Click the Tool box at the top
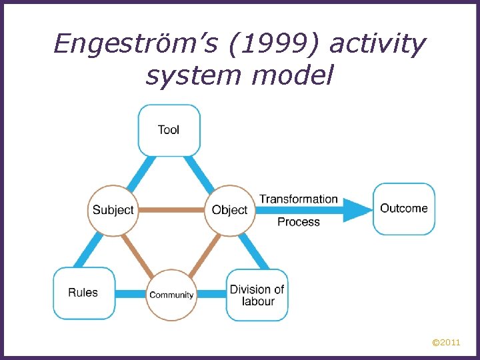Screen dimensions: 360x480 click(x=169, y=130)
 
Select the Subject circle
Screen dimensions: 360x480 click(x=113, y=210)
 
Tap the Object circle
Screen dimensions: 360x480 click(x=229, y=210)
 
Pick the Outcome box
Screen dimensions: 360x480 click(x=403, y=209)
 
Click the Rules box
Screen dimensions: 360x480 click(x=83, y=293)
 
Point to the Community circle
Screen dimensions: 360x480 click(x=171, y=294)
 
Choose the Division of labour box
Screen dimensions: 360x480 click(x=257, y=295)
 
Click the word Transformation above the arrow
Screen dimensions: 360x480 click(x=298, y=199)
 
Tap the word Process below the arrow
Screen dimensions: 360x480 click(x=298, y=222)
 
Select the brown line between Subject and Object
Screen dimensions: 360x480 click(x=171, y=210)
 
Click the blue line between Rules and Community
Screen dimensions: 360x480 click(x=131, y=293)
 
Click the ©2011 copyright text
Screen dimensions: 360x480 click(x=445, y=343)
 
